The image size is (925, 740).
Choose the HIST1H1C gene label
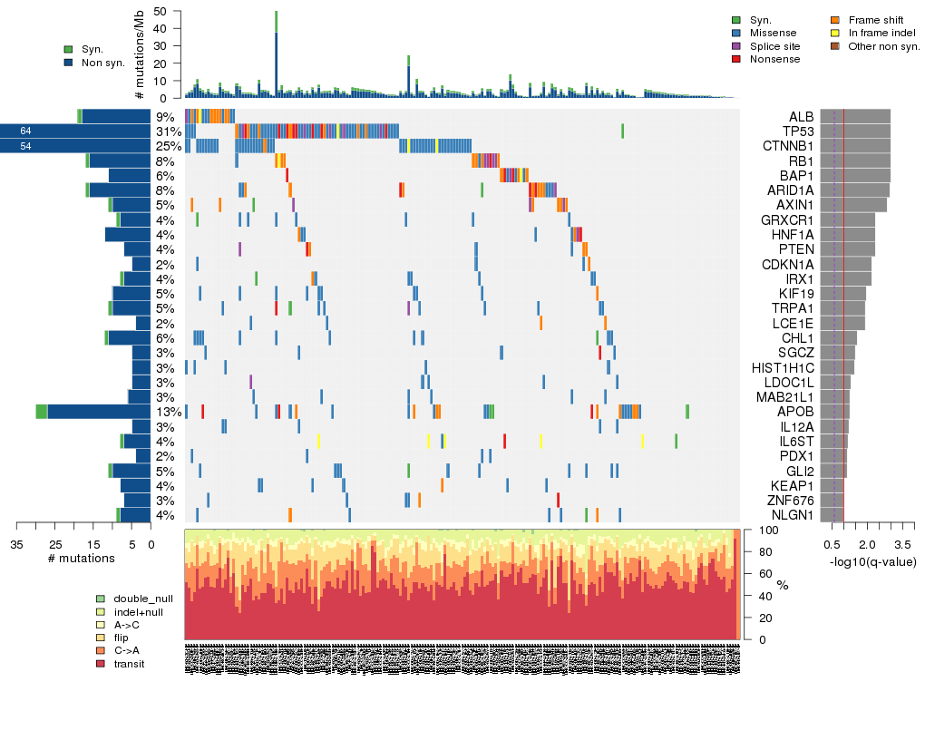(784, 368)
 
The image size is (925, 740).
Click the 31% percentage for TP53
(165, 131)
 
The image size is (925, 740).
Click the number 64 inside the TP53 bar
(25, 131)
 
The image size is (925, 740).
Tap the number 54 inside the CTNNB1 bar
(25, 146)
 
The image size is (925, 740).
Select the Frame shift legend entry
(875, 19)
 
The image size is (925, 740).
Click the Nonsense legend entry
(774, 59)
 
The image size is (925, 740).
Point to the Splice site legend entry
(774, 46)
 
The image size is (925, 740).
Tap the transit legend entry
(129, 664)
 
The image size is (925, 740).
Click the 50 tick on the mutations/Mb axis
(161, 11)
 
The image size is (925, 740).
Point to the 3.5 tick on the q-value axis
(902, 545)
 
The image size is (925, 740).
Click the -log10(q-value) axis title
(872, 561)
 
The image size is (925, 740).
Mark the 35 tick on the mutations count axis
(16, 545)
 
